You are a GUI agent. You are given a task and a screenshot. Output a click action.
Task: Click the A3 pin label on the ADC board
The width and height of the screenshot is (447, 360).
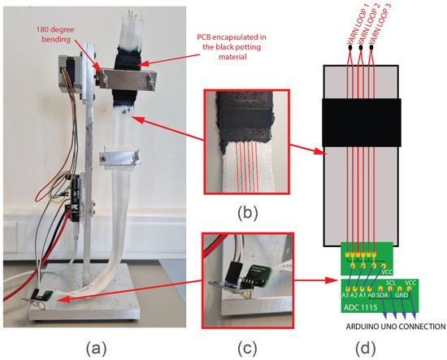click(x=345, y=296)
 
